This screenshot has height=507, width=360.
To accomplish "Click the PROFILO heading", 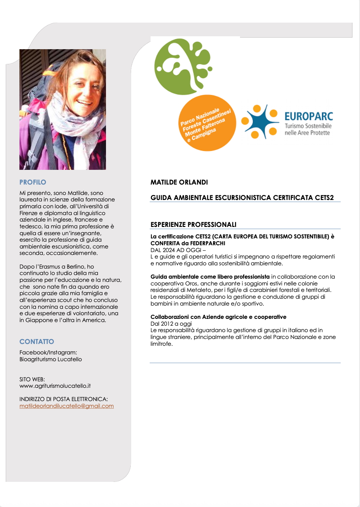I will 33,182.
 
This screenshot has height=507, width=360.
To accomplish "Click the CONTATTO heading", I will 37,341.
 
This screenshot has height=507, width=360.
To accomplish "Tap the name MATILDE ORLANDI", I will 179,182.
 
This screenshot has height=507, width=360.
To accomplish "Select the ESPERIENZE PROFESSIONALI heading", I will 193,224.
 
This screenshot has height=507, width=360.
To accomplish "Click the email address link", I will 66,406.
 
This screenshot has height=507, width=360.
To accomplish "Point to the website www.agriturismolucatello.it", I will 55,386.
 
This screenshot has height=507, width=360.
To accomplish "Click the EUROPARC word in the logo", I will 309,116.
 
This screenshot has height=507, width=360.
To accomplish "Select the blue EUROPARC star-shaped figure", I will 260,122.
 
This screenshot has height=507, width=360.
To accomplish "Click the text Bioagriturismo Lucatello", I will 51,359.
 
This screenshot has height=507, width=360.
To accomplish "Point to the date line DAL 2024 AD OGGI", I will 177,250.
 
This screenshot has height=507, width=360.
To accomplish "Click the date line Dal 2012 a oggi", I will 171,324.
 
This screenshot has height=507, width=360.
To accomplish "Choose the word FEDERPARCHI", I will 207,243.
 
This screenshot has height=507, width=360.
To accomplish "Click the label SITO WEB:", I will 32,379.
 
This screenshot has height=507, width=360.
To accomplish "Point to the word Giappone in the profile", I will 39,320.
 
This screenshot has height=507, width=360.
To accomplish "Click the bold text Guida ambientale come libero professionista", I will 210,276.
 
